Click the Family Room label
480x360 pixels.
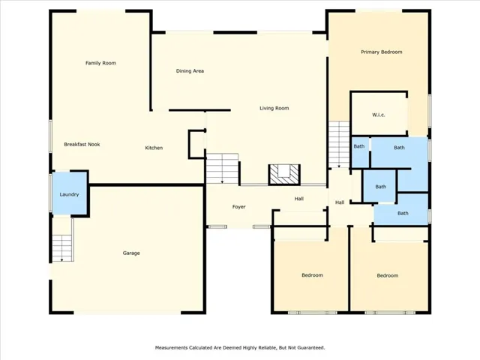click(x=100, y=63)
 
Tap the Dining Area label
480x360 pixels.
click(x=190, y=71)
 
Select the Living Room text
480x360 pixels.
click(x=274, y=108)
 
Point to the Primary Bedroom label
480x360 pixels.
click(x=382, y=52)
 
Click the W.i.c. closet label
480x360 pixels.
click(x=379, y=115)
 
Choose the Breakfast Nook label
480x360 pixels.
click(x=82, y=145)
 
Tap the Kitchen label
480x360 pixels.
click(x=154, y=148)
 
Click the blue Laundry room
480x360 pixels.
click(x=70, y=193)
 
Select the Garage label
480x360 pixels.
click(x=131, y=253)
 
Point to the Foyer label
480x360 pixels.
click(x=238, y=207)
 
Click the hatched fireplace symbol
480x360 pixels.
click(x=284, y=175)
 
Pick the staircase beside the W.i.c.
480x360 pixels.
click(x=339, y=145)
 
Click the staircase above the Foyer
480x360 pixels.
click(x=222, y=168)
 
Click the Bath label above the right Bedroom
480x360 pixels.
click(x=403, y=213)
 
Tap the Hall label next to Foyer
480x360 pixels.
click(x=299, y=199)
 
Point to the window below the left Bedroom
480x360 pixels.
click(x=312, y=313)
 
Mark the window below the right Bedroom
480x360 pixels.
click(x=390, y=313)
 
